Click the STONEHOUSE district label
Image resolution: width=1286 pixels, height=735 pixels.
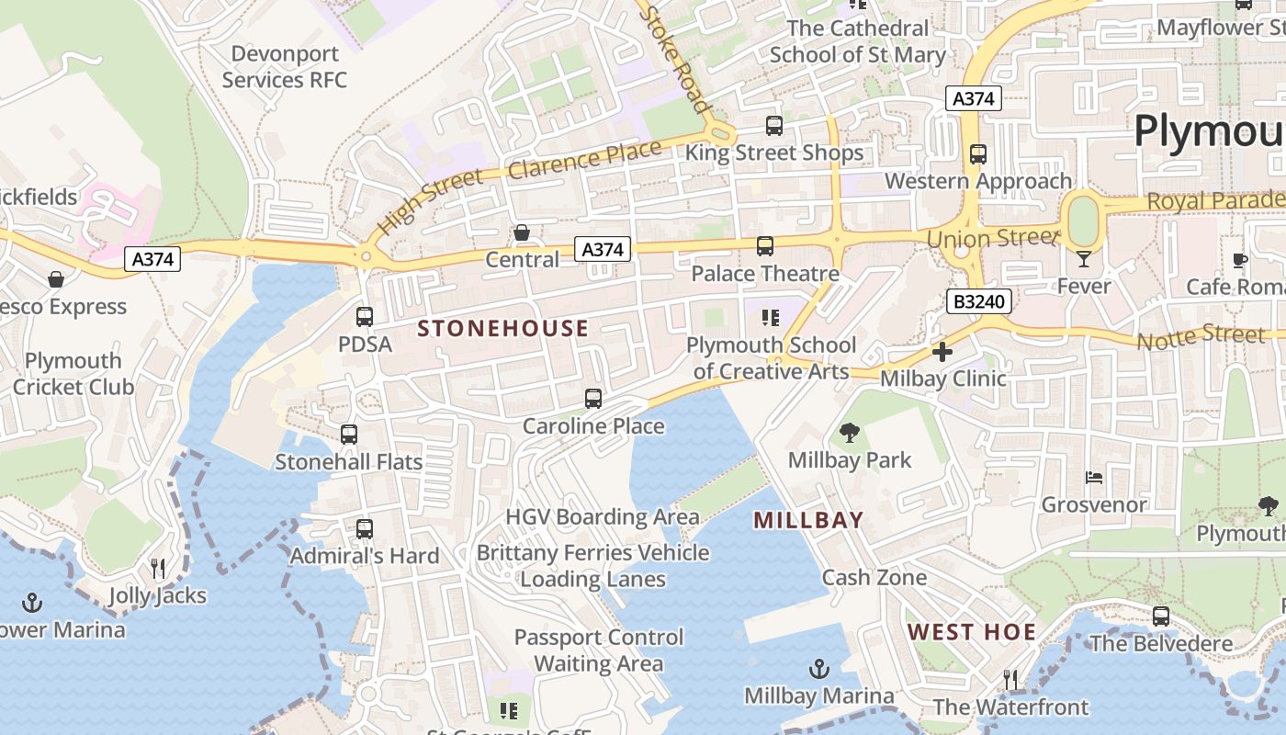pos(502,329)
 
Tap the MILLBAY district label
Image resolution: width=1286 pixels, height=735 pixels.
pos(808,520)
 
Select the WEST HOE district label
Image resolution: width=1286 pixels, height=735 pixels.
pos(972,632)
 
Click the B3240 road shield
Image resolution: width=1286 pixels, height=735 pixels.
pos(979,301)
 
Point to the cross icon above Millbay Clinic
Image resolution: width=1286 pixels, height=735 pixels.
pos(942,352)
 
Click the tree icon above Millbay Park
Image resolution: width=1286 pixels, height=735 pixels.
pos(849,433)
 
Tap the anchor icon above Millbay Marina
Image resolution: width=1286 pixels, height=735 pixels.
pos(818,669)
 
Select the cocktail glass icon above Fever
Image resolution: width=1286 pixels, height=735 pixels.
pos(1083,259)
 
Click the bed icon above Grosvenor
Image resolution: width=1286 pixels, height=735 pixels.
pos(1093,478)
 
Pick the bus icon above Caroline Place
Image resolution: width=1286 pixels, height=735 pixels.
pos(593,399)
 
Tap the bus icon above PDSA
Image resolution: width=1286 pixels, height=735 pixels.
pos(365,317)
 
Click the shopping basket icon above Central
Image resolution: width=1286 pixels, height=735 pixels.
pos(522,232)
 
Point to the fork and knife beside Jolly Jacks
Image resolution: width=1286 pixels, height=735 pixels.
pos(158,569)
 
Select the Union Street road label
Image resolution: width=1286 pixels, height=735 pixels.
pos(992,239)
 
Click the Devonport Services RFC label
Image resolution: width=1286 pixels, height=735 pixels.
pos(285,67)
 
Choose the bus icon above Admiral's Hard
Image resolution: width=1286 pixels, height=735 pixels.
pos(365,529)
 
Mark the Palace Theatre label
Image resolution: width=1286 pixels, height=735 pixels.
pos(764,274)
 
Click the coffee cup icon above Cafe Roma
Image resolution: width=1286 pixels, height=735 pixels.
pos(1239,260)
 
